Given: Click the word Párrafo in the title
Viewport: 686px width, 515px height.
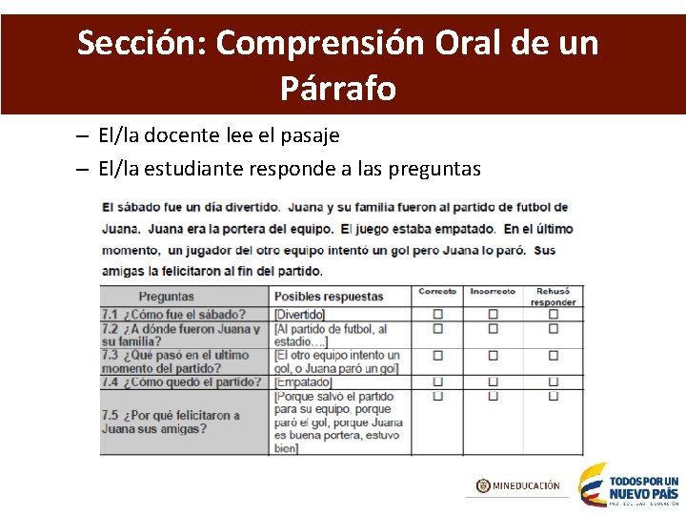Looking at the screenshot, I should (x=338, y=88).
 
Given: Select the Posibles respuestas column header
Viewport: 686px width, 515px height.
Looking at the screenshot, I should (x=329, y=297).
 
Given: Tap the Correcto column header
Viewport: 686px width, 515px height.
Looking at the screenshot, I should (x=437, y=292).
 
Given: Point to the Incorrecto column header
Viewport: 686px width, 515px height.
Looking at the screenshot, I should (x=493, y=292).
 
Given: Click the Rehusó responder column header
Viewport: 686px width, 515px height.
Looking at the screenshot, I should (x=553, y=297).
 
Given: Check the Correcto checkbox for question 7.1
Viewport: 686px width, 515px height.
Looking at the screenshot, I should (x=438, y=314).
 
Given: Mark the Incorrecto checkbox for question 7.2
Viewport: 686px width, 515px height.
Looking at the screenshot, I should (x=494, y=329).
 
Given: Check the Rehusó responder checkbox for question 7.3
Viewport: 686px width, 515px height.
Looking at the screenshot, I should (x=554, y=356).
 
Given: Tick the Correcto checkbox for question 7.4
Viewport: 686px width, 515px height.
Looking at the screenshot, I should (x=438, y=382).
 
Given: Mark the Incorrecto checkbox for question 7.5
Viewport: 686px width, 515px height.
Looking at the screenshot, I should (x=494, y=395).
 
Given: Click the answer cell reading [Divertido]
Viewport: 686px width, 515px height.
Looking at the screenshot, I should (x=299, y=315).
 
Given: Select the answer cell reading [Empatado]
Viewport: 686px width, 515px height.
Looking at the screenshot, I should (x=303, y=382).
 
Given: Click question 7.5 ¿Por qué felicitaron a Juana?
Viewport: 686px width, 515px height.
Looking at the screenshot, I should (x=171, y=422).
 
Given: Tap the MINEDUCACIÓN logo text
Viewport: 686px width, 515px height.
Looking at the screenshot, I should (x=518, y=485).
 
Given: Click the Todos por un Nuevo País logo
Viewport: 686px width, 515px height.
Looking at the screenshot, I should (x=629, y=484).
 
